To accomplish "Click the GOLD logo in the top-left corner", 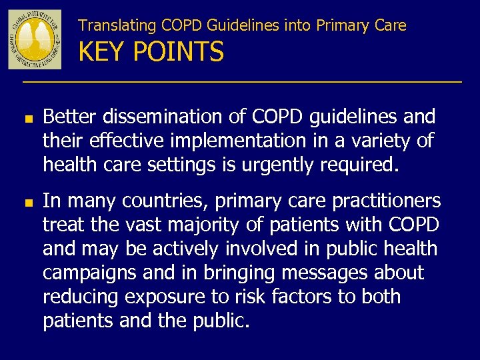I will pos(35,39).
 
